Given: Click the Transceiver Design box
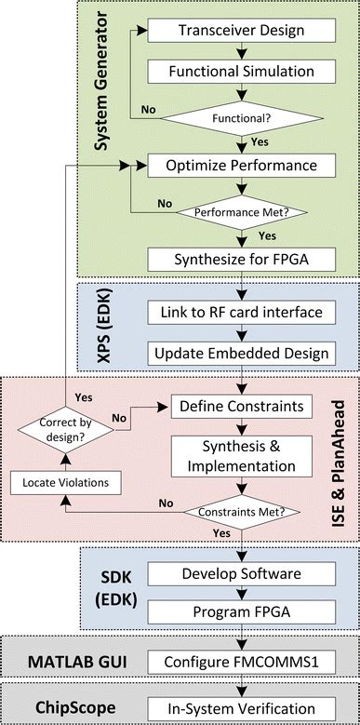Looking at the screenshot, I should point(241,31).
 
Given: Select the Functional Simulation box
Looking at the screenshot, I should point(241,71).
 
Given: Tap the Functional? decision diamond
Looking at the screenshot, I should point(241,119).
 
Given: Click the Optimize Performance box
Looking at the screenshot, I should point(241,168).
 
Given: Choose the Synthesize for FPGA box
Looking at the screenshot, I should point(241,257).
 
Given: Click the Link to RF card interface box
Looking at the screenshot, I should point(241,310).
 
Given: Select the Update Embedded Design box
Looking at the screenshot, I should point(241,353).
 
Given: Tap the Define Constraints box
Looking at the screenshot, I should point(241,407).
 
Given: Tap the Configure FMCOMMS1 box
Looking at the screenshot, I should point(241,663).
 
